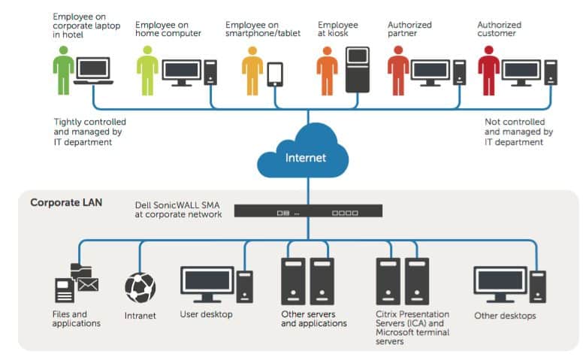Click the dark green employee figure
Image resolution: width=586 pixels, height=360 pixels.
(63, 71)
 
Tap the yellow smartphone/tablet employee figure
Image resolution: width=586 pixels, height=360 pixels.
(252, 71)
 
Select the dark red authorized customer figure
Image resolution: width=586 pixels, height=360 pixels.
(488, 71)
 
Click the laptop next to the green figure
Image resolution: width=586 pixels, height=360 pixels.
(93, 71)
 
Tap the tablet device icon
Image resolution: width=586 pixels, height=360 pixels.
(275, 74)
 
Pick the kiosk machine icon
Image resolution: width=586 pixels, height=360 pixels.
(358, 70)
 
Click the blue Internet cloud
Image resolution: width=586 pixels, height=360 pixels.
(303, 152)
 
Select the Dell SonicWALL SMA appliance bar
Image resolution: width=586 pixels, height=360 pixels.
(308, 211)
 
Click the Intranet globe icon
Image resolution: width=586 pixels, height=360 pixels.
(140, 287)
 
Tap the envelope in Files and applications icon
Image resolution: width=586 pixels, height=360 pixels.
(88, 285)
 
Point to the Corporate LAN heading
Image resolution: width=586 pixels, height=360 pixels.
(66, 203)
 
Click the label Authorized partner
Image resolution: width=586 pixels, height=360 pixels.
(409, 29)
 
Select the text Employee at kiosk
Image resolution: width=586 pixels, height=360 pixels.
(338, 29)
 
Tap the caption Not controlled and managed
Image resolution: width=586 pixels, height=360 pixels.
(518, 127)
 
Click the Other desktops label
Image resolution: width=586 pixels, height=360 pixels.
(505, 316)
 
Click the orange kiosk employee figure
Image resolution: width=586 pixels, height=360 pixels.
(327, 71)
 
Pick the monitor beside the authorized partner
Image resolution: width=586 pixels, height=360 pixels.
(430, 73)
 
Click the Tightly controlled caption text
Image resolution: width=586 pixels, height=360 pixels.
(89, 132)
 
